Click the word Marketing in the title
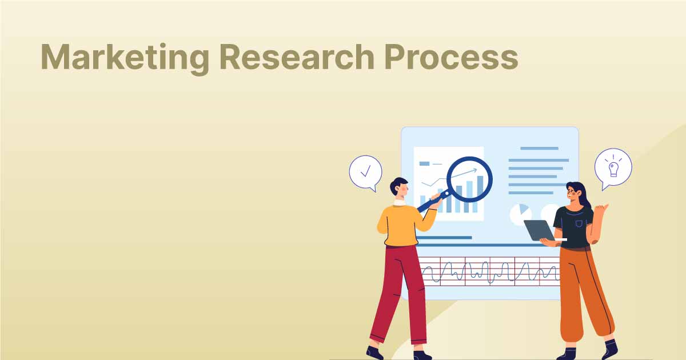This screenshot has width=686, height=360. click(125, 58)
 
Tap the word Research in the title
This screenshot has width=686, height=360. click(297, 57)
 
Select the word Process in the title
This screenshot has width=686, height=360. click(451, 57)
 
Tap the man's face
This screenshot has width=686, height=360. click(402, 190)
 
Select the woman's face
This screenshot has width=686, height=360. click(572, 194)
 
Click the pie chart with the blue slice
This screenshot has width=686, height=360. click(521, 214)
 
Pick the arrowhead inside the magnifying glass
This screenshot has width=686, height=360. click(474, 170)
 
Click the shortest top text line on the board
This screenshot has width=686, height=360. click(539, 149)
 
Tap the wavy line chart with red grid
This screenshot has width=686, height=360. click(489, 271)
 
